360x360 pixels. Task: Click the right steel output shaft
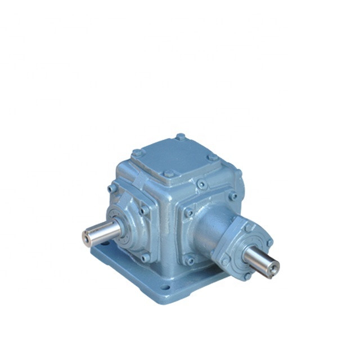[260, 262]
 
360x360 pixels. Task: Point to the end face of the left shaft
[87, 238]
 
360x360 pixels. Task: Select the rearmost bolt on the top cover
[180, 137]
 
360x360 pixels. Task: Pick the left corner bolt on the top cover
[136, 152]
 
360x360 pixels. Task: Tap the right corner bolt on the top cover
[211, 158]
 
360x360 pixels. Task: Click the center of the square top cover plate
[174, 155]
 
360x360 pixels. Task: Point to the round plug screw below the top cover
[201, 184]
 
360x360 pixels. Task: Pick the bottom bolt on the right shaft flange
[246, 276]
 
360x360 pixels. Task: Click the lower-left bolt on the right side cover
[190, 260]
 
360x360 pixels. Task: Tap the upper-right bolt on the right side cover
[232, 196]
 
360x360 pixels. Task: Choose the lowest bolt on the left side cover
[145, 258]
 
